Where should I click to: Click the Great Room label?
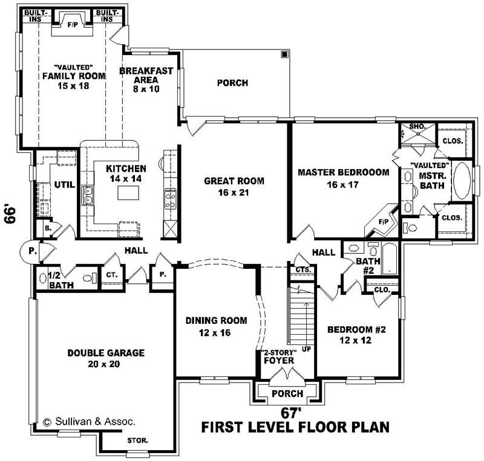(234, 186)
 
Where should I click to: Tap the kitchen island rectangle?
(127, 193)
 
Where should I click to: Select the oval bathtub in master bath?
(463, 181)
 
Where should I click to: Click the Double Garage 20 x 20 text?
(105, 358)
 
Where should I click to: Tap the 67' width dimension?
(291, 413)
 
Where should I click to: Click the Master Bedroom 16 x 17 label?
(343, 178)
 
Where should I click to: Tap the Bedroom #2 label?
(356, 335)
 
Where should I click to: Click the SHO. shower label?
(417, 126)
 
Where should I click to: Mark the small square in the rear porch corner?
(284, 55)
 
